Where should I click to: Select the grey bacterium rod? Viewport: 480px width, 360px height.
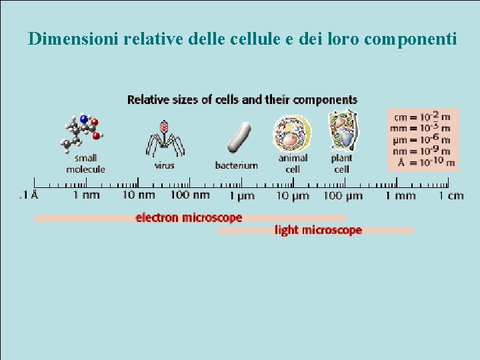coord(238,137)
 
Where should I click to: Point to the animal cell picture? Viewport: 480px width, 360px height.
coord(292,133)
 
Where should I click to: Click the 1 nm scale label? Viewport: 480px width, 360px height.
coord(86,195)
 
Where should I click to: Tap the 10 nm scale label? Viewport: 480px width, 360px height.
coord(138,195)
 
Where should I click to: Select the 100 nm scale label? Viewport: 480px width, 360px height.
coord(190,195)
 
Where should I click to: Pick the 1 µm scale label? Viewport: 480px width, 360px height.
coord(241,195)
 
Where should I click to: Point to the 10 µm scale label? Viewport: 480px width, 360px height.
coord(293,195)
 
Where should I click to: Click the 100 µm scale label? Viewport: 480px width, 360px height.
coord(343,195)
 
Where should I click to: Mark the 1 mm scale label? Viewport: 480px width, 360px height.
coord(400,195)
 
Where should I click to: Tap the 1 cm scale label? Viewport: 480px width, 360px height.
coord(451,195)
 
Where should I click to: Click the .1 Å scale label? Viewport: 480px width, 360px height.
coord(28,195)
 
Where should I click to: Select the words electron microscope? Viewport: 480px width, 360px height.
coord(189,217)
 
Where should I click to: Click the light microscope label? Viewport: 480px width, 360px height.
coord(318,230)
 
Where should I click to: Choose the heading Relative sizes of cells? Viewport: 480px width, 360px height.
coord(242,100)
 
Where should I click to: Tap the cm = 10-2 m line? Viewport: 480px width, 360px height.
coord(421,117)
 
